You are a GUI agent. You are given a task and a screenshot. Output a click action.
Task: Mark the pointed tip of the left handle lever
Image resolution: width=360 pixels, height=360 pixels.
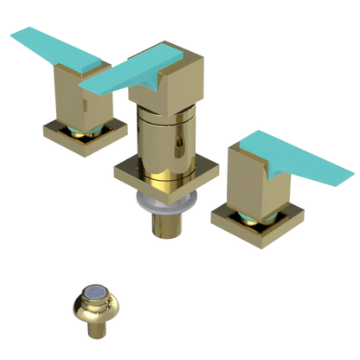[x=10, y=35]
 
